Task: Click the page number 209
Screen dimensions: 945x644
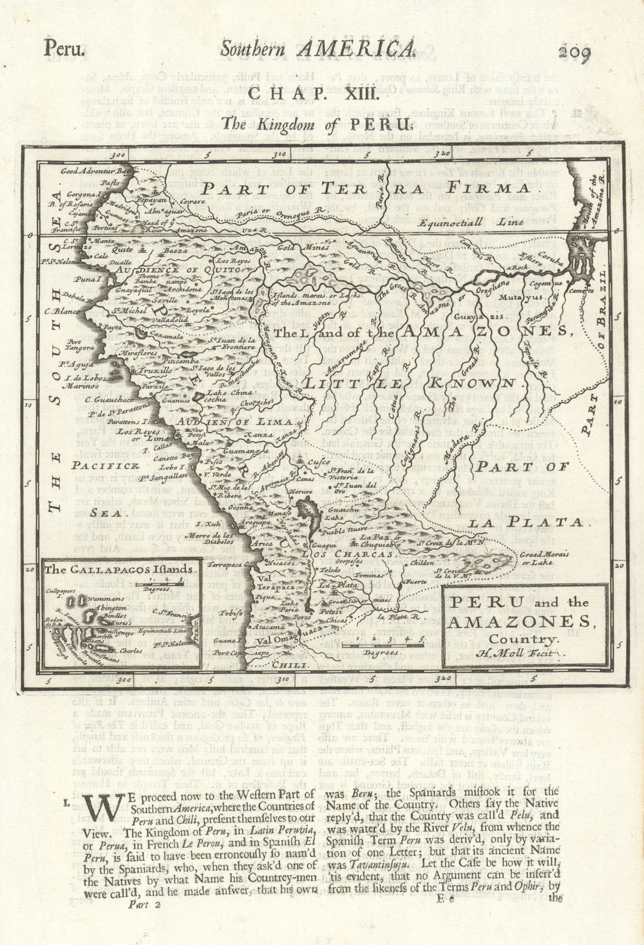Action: [574, 52]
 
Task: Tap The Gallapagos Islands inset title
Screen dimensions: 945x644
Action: [119, 569]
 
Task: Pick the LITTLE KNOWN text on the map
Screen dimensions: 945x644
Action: [410, 382]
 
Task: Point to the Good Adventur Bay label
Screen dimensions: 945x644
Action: [95, 171]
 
